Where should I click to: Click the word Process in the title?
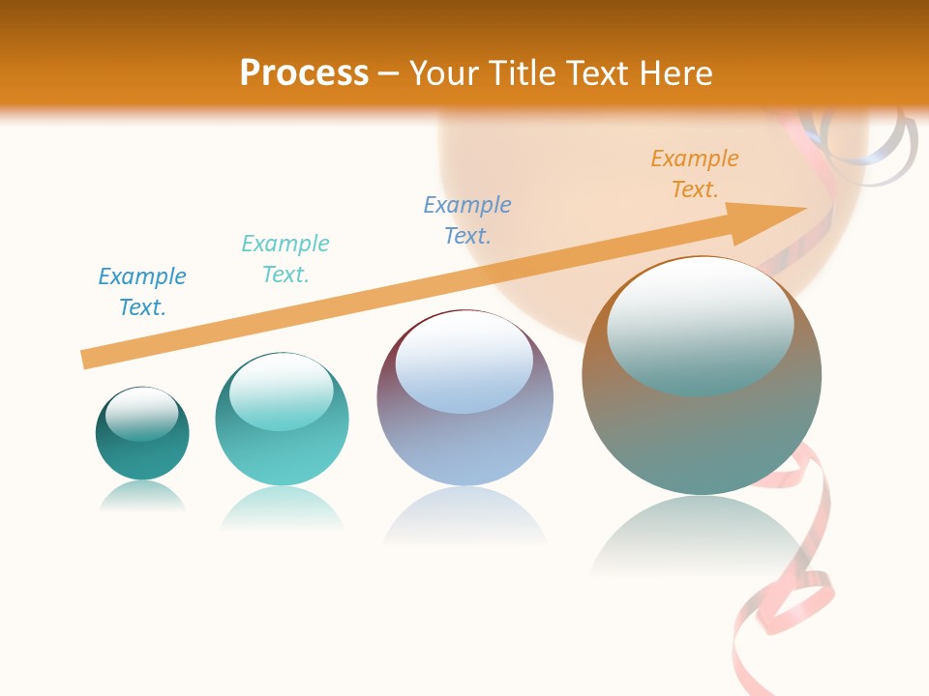(304, 73)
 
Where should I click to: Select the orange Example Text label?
(694, 174)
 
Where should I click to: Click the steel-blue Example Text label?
(467, 219)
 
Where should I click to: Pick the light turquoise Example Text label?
(285, 258)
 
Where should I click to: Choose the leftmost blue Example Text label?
(142, 291)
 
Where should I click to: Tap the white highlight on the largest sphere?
(700, 324)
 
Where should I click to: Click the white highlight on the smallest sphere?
(142, 413)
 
